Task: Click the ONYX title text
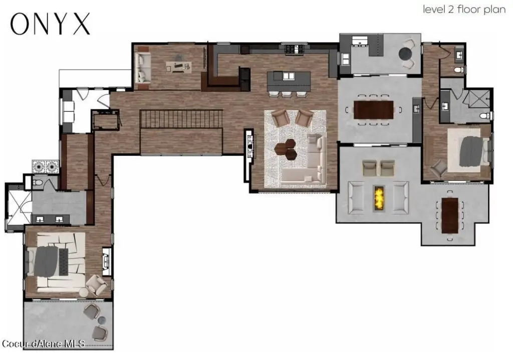point(50,24)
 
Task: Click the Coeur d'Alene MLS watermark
point(43,343)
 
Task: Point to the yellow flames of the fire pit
point(379,197)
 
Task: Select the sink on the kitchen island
point(289,76)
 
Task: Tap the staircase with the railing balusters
point(181,119)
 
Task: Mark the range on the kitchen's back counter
point(292,49)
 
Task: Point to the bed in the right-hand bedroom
point(470,150)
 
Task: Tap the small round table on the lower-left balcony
point(102,320)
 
